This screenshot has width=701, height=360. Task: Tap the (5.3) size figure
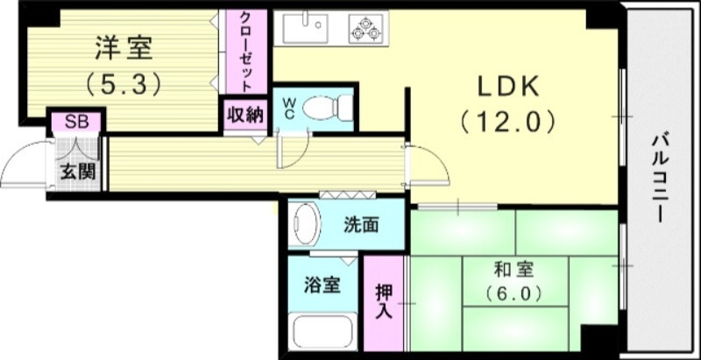point(122,85)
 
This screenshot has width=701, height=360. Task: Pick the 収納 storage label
point(245,115)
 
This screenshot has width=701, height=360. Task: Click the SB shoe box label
point(76,122)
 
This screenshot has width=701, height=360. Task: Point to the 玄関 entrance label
point(77,172)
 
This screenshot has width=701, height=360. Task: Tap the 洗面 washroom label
point(361,224)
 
